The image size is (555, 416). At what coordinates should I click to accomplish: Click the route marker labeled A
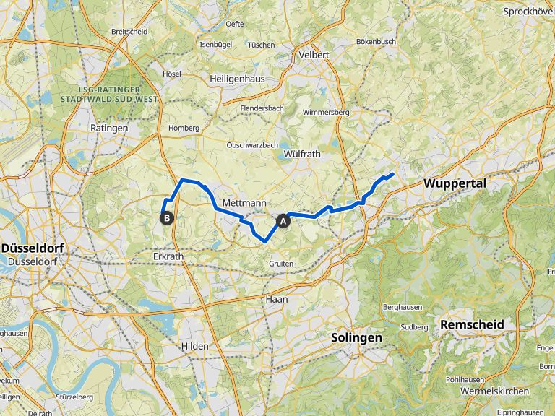[x=283, y=220]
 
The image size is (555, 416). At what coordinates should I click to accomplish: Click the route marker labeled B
[x=167, y=217]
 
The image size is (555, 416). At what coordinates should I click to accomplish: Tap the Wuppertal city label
[x=455, y=183]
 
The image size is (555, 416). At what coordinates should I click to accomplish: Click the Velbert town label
[x=314, y=55]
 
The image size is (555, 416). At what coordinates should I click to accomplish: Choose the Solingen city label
[x=356, y=337]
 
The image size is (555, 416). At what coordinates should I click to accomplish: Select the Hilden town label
[x=194, y=346]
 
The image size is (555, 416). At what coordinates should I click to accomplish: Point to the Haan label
[x=277, y=298]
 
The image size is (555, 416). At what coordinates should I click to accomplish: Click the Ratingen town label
[x=109, y=128]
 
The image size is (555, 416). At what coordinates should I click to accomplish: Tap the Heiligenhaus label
[x=236, y=78]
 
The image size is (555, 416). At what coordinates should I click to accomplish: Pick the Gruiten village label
[x=281, y=264]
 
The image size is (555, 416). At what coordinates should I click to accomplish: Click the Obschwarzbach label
[x=252, y=145]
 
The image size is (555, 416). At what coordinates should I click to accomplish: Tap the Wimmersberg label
[x=326, y=113]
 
